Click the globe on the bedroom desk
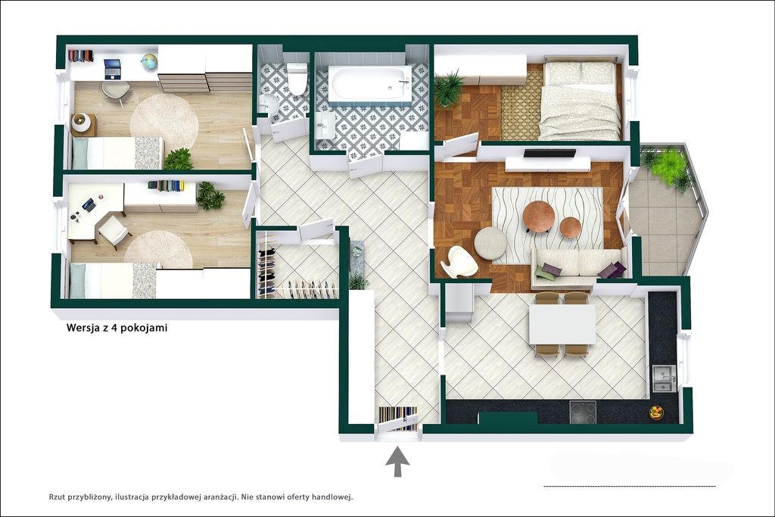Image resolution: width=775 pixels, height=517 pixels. click(148, 61)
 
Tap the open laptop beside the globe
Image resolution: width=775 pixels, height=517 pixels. click(114, 69)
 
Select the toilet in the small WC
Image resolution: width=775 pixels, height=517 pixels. click(297, 78)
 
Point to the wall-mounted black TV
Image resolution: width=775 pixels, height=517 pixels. click(549, 153)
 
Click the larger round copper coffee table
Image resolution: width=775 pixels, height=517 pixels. click(538, 216)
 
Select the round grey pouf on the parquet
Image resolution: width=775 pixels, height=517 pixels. click(490, 243)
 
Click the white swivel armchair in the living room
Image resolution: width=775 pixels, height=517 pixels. click(459, 262)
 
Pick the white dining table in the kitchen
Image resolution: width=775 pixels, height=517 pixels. click(562, 324)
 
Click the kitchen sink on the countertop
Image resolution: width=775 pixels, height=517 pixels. click(663, 378)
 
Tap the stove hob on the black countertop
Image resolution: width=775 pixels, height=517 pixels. click(583, 412)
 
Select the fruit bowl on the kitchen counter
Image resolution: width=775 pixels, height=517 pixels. click(656, 413)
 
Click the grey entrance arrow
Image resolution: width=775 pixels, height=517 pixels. click(397, 461)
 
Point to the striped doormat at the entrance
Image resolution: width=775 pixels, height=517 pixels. click(398, 418)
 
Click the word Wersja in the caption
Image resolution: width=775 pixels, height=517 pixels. click(82, 328)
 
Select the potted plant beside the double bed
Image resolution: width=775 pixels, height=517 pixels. click(449, 88)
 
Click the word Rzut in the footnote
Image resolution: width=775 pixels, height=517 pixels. click(58, 497)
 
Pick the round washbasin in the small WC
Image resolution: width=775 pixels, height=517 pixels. click(269, 104)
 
